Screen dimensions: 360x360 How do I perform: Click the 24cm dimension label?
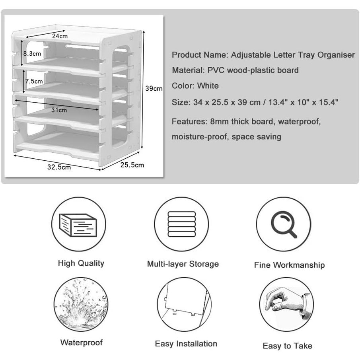tap(60, 36)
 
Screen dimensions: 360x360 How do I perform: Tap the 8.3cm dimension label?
tap(32, 53)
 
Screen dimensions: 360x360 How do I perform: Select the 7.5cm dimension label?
tap(34, 81)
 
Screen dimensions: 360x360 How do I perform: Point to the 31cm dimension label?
tap(59, 110)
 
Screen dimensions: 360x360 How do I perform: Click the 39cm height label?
tap(154, 88)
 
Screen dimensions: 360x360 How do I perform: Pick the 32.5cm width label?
tap(59, 167)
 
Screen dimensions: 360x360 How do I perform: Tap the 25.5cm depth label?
tap(132, 165)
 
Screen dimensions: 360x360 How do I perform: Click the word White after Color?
tap(208, 86)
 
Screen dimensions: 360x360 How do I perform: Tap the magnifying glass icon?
tap(284, 224)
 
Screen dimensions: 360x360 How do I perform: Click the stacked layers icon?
tap(182, 224)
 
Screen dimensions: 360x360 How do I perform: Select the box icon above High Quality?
tap(78, 225)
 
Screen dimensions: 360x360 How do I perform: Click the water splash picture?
tap(81, 304)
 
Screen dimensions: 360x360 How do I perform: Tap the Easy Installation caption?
tap(186, 344)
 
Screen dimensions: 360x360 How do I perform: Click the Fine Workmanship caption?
tap(289, 265)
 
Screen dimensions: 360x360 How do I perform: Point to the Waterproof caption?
tap(82, 342)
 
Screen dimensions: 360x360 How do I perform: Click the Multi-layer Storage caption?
tap(183, 264)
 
